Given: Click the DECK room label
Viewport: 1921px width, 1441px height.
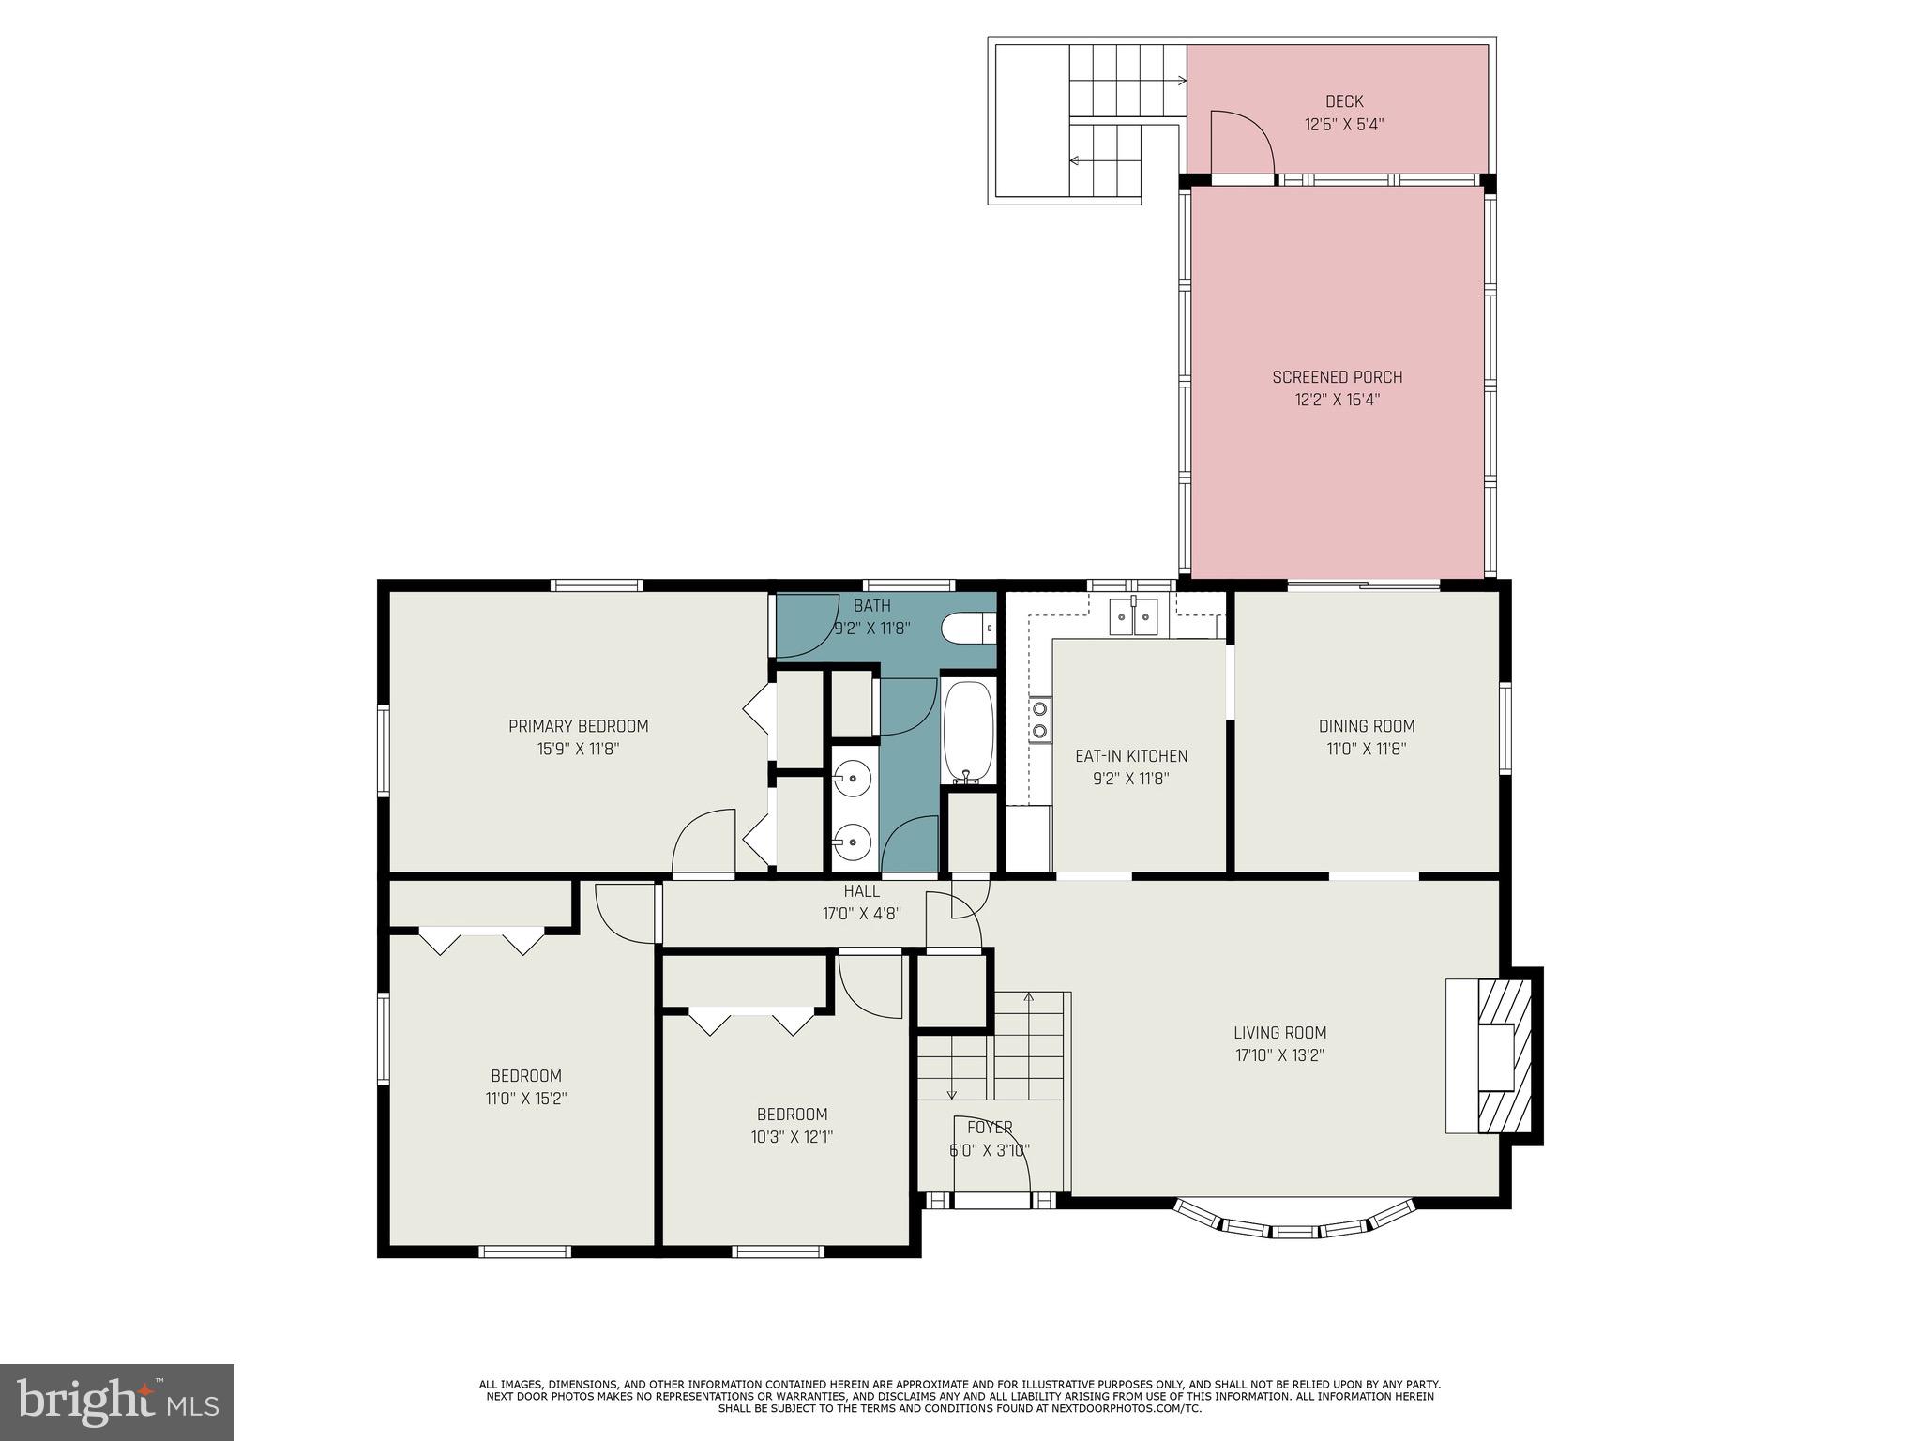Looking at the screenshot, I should click(1343, 101).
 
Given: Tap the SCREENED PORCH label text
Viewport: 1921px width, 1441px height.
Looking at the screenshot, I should click(1337, 377).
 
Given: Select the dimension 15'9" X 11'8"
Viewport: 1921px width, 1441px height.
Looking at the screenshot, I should click(578, 749).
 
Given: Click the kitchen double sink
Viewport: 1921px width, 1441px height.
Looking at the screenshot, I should click(1134, 616).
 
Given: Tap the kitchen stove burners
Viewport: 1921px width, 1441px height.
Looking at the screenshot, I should click(1039, 720).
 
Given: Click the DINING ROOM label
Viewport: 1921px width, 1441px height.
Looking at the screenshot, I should click(1366, 726).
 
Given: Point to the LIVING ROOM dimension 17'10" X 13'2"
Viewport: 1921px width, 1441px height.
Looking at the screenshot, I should click(1279, 1055).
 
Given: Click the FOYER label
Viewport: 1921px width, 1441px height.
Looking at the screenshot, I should click(989, 1128).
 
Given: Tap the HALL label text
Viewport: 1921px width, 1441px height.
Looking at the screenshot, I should click(861, 891).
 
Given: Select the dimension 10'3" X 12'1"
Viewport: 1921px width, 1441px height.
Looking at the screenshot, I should click(792, 1137).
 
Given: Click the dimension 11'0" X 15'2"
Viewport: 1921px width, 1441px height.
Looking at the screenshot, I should click(526, 1099).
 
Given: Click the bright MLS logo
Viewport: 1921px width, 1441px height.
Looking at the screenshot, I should click(116, 1402).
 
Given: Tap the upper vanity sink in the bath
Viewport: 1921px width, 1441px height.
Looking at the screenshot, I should click(853, 778).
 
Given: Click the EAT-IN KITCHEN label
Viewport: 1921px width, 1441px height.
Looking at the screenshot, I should click(1130, 756).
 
